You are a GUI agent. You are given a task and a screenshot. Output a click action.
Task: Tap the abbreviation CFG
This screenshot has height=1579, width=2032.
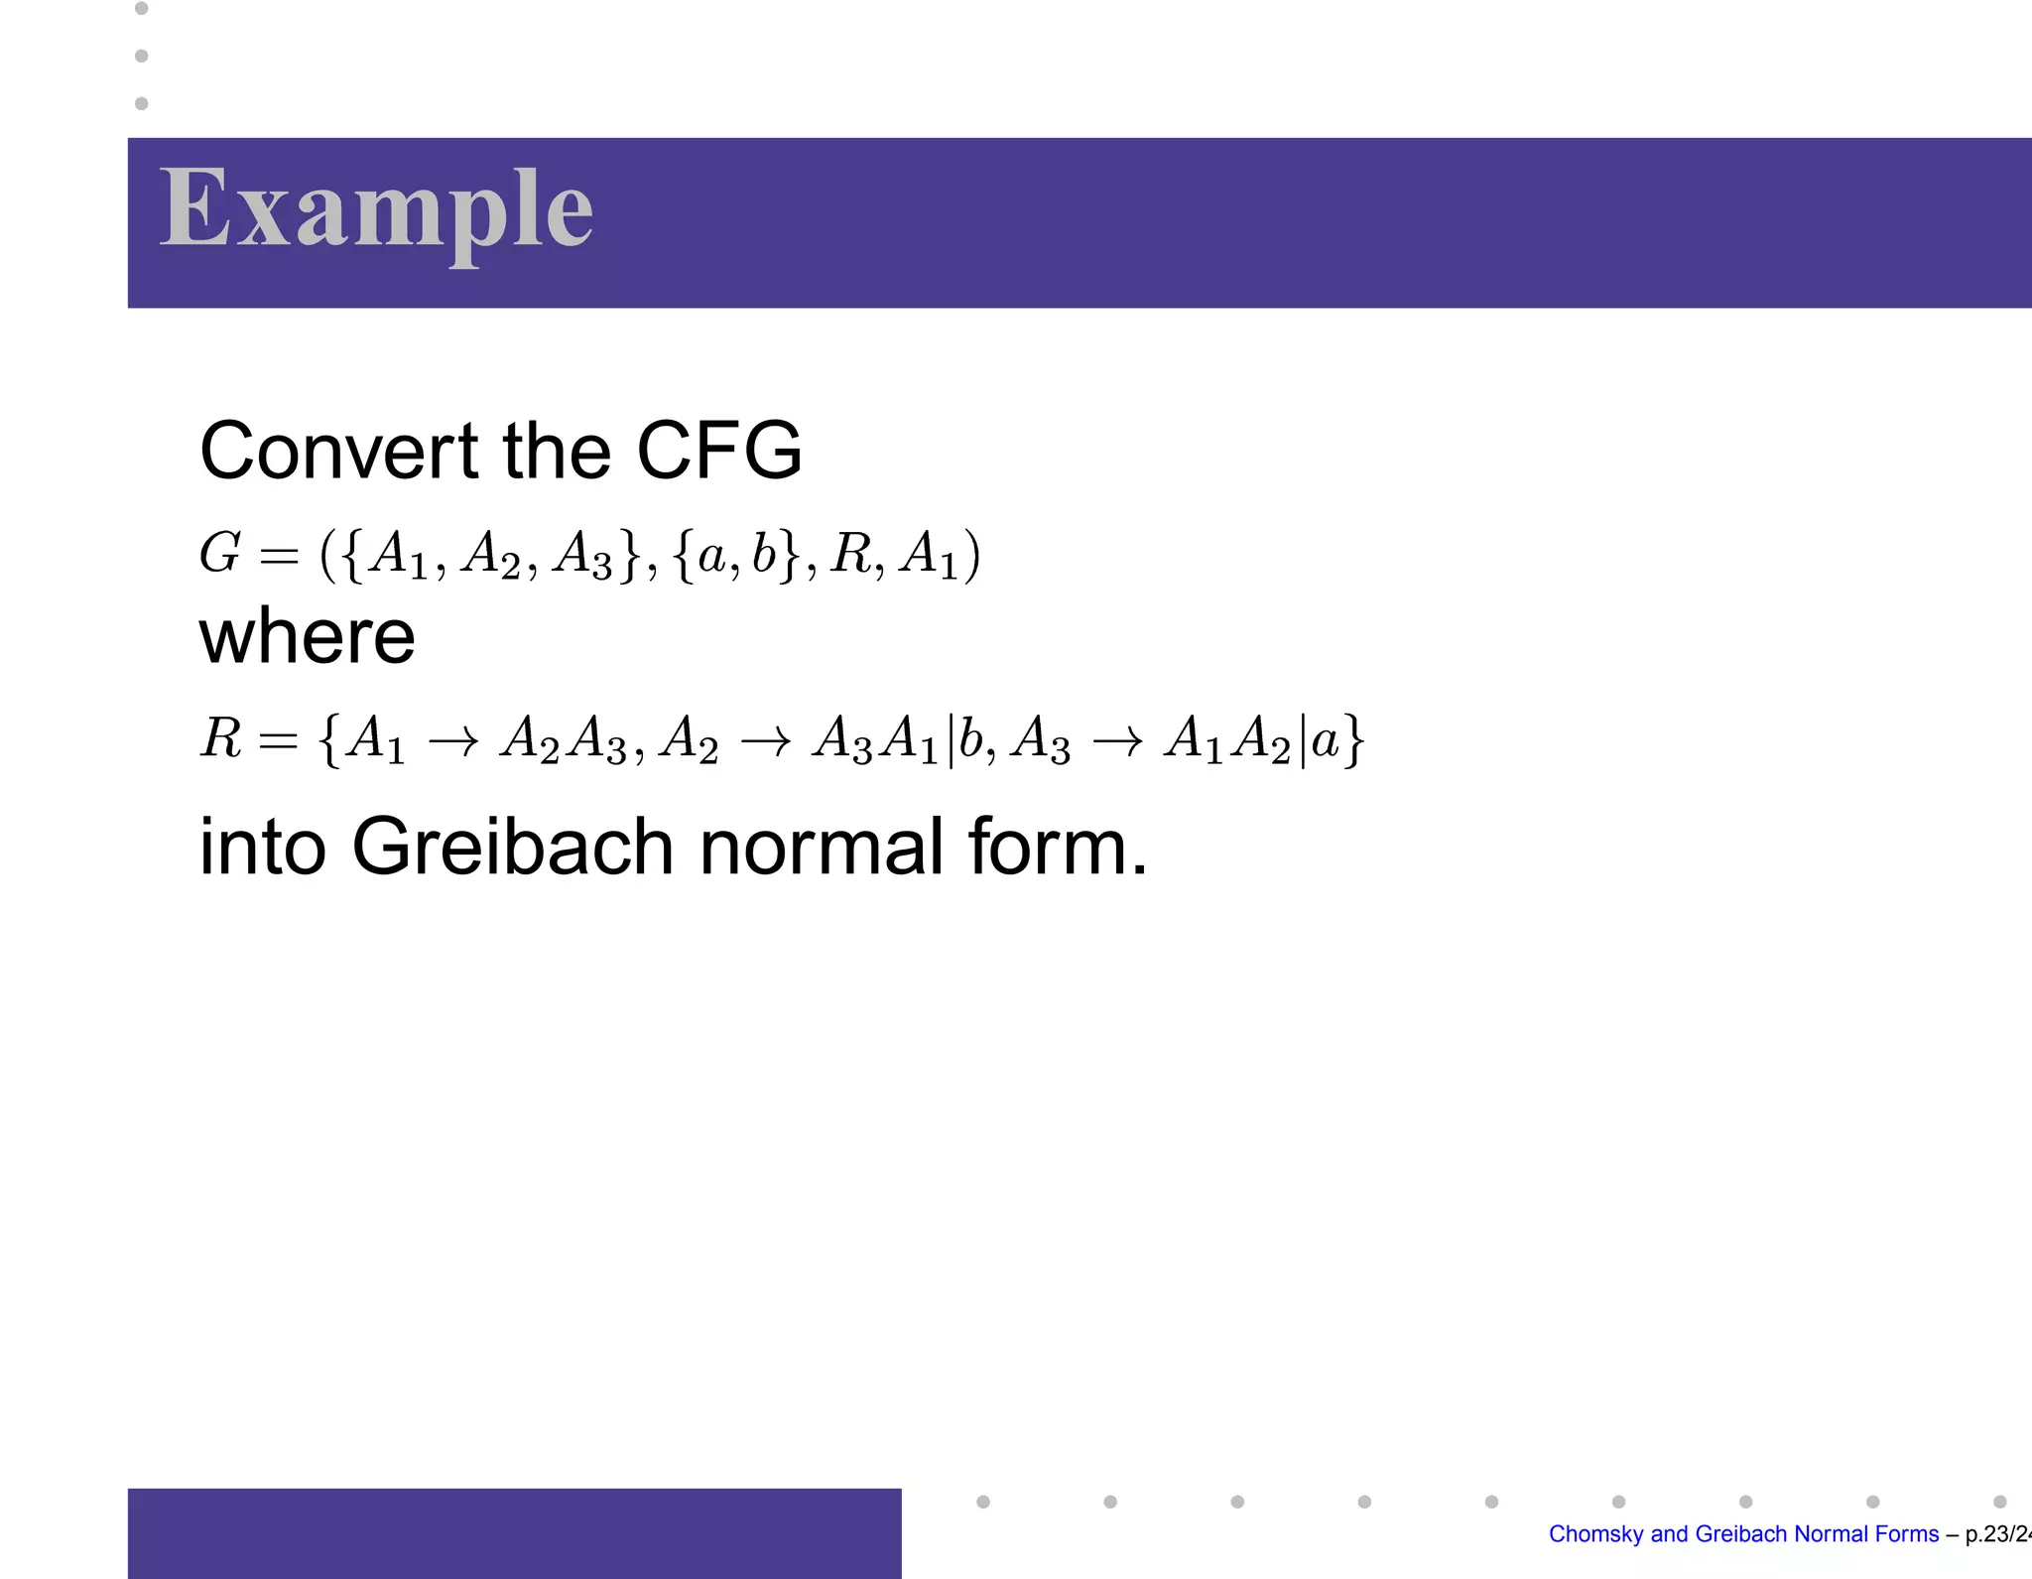718,451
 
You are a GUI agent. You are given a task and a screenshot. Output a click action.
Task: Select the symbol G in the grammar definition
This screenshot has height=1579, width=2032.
219,553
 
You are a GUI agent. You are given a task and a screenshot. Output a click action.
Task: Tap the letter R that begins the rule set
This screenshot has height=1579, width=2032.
221,738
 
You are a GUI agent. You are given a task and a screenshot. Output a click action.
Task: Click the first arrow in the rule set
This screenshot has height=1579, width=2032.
453,740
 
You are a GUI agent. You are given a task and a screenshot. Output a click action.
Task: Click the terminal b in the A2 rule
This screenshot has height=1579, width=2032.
970,737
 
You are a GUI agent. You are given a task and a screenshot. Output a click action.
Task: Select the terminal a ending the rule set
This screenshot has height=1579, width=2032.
1325,740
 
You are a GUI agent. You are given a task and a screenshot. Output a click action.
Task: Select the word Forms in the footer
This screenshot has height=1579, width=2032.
1908,1534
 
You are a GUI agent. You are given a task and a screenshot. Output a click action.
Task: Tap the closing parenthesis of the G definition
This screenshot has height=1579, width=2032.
972,555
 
